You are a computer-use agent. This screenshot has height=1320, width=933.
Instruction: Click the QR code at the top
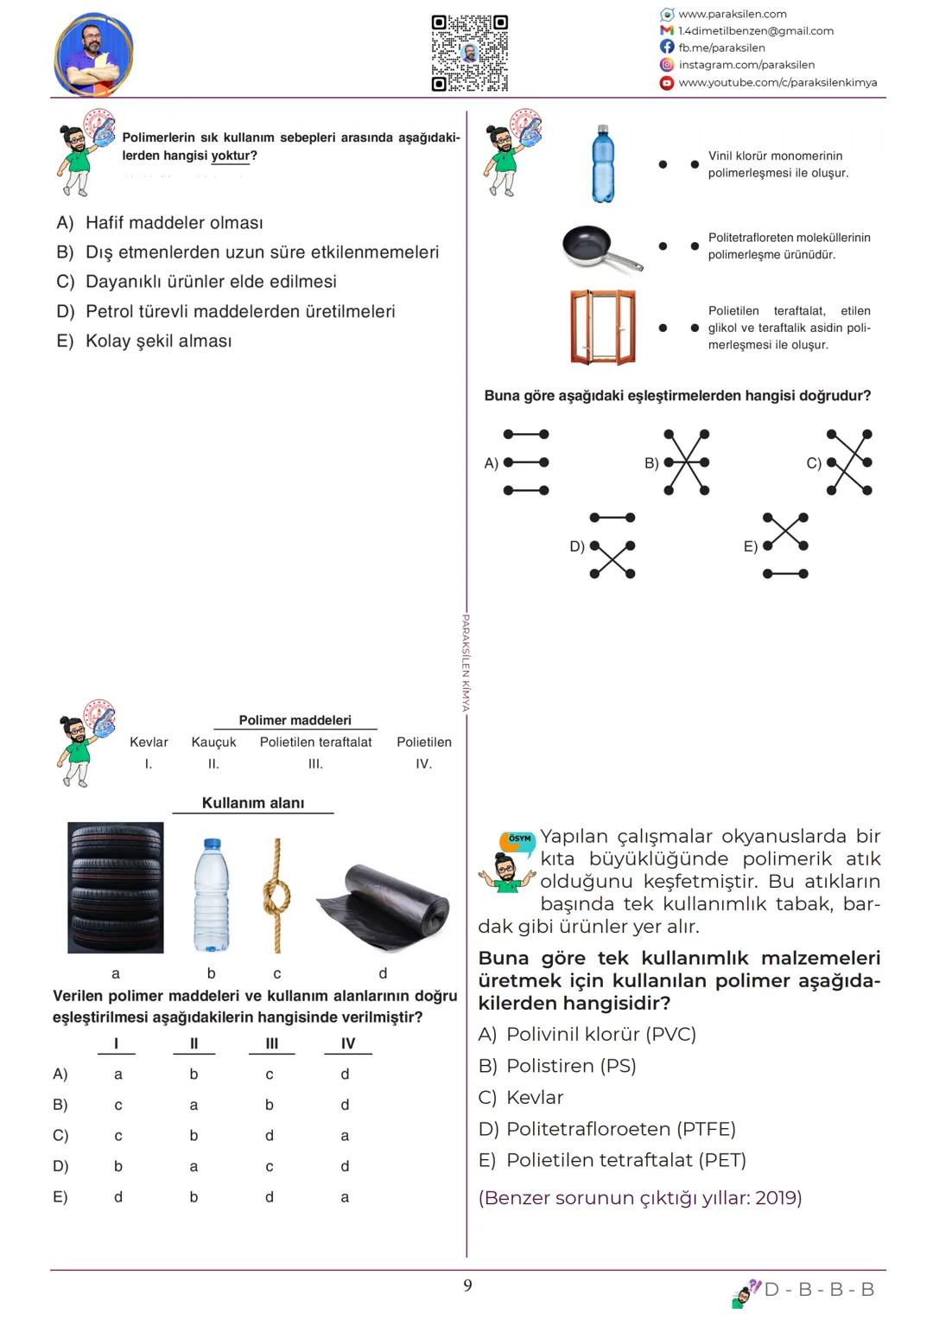[469, 53]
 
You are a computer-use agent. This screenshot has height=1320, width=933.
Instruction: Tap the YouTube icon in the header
[667, 83]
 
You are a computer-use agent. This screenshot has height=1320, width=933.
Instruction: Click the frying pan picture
[601, 247]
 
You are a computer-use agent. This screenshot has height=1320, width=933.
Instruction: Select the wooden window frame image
[603, 327]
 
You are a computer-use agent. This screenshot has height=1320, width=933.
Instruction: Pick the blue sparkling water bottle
[603, 164]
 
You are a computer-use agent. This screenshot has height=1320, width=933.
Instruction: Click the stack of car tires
[116, 887]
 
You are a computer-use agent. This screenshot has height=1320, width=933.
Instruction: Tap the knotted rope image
[276, 895]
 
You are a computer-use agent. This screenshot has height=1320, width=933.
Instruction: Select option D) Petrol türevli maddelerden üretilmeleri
[226, 311]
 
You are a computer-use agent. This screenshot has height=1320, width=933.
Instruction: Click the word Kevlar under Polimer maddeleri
[149, 742]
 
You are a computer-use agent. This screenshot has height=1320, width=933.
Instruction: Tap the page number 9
[467, 1285]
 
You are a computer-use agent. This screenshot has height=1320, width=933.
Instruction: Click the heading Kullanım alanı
[253, 803]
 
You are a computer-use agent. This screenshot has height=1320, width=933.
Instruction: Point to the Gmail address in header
[756, 31]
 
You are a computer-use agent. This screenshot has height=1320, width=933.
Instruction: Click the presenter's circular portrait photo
[93, 54]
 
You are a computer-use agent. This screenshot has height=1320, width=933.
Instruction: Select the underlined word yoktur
[231, 156]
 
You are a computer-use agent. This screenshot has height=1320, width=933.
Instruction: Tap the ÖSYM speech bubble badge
[519, 839]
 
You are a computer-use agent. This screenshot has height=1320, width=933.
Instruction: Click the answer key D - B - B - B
[819, 1290]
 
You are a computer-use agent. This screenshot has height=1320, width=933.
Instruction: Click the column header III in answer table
[271, 1043]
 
